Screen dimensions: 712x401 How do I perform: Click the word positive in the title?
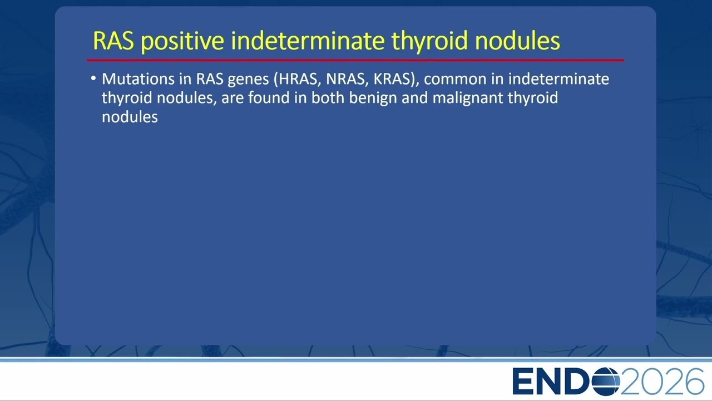[x=183, y=41]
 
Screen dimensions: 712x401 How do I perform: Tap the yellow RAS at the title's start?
[x=113, y=41]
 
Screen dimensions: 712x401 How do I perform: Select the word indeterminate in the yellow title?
[x=308, y=41]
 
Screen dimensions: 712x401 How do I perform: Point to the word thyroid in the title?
[x=429, y=41]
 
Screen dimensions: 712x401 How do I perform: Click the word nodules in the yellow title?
[x=517, y=41]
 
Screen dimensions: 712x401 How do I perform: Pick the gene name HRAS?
[x=297, y=79]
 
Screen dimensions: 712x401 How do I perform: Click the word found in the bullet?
[x=269, y=97]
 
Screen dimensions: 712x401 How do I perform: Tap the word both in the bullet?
[x=328, y=97]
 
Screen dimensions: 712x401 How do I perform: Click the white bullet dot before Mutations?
[x=93, y=79]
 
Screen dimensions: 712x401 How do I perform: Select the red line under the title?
[x=355, y=60]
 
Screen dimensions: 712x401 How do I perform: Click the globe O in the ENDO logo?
[x=606, y=382]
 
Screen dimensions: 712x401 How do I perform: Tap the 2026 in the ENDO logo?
[x=662, y=382]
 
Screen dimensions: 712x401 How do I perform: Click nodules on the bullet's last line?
[x=130, y=117]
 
